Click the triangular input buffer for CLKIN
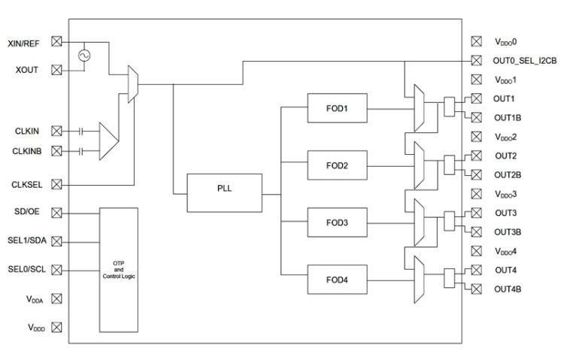point(109,141)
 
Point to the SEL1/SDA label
point(26,241)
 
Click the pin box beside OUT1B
point(475,117)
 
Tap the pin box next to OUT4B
point(475,289)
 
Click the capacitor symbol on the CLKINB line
point(80,152)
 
